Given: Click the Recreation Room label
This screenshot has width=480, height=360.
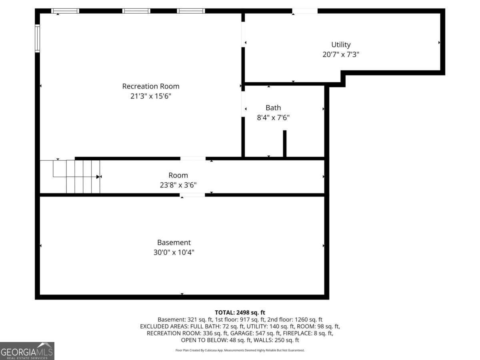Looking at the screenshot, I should (x=150, y=86).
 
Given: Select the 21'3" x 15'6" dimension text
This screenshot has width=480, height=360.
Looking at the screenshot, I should (x=150, y=96).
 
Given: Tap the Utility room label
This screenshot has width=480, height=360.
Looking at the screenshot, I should (x=341, y=44).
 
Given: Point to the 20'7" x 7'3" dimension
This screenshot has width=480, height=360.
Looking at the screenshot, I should (x=341, y=55).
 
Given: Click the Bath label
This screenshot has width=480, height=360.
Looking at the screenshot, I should (x=273, y=108).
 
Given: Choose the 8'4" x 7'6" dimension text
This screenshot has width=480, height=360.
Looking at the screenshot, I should (x=273, y=118).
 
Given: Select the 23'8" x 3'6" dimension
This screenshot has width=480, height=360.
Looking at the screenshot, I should (x=178, y=185).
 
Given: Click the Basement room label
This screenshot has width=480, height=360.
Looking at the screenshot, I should (x=174, y=242).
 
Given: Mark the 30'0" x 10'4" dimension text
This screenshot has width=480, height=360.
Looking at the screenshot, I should (x=174, y=252).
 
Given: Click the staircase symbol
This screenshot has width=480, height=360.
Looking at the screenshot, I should (x=76, y=176).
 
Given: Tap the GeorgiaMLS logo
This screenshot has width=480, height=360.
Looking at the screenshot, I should (x=27, y=351).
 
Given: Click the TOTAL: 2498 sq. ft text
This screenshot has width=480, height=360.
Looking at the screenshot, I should (x=240, y=312).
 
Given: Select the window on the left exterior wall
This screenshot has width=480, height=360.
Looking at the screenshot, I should (x=37, y=38).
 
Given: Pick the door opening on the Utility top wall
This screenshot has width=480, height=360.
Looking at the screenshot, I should (x=305, y=11).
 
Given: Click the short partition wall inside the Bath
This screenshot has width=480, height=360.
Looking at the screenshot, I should (x=285, y=144).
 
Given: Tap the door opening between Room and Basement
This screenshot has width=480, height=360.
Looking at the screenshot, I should (x=192, y=195).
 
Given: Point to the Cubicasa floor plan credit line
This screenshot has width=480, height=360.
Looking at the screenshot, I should (x=240, y=350).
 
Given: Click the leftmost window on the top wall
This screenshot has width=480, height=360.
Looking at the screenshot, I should (x=65, y=11).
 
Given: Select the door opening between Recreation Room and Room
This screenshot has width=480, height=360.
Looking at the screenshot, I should (x=193, y=158).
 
